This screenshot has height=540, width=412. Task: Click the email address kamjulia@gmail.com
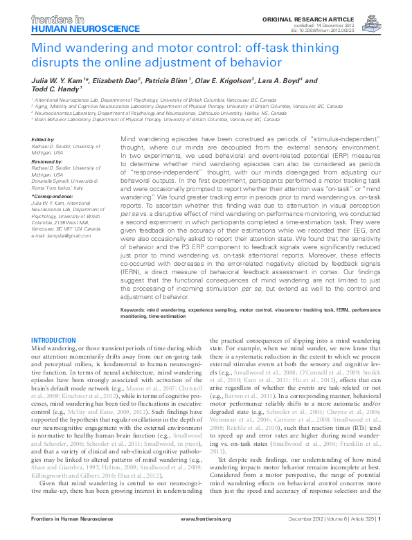tap(60, 237)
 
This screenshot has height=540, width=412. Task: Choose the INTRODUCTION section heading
tap(59, 341)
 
